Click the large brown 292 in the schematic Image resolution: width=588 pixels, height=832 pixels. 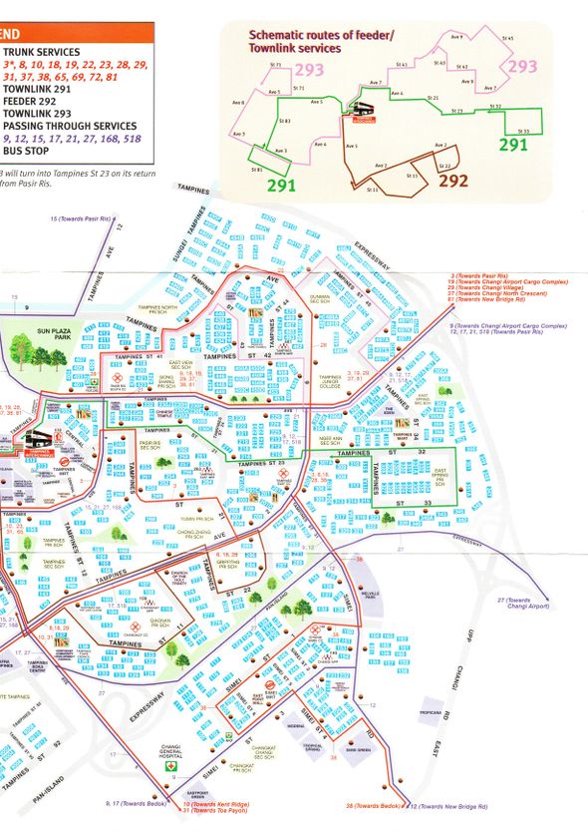[x=452, y=181]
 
